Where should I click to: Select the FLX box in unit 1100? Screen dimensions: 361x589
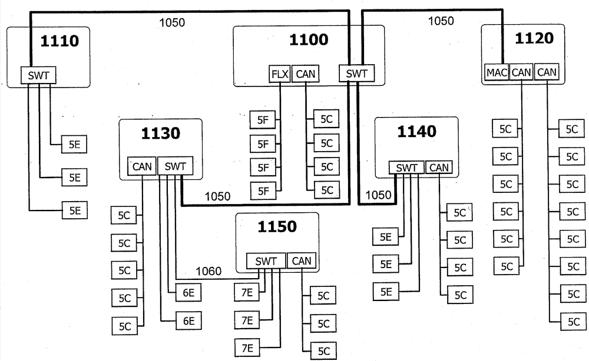280,74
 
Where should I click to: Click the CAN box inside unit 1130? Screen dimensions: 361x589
142,167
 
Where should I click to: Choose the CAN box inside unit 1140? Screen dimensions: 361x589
438,168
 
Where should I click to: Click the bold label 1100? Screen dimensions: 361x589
309,40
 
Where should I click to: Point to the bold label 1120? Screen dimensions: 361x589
534,38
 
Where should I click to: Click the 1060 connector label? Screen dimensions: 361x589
209,271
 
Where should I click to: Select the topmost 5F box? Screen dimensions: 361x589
263,119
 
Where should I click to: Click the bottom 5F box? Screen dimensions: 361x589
263,190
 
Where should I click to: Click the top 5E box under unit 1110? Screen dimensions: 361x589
75,143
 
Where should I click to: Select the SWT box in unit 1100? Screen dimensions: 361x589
356,73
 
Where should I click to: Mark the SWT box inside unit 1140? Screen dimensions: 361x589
406,168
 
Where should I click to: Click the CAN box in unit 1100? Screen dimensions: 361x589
306,74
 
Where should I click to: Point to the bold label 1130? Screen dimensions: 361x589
160,133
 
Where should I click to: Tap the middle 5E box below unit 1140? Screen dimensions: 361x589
385,264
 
